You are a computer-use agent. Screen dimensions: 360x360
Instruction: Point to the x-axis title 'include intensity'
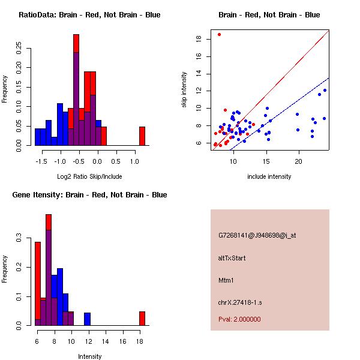pyautogui.click(x=269, y=176)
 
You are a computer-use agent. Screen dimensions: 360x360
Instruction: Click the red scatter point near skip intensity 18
pyautogui.click(x=219, y=35)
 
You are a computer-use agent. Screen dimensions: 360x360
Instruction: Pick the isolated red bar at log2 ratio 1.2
pyautogui.click(x=142, y=136)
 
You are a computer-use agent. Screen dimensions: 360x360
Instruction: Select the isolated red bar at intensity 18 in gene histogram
pyautogui.click(x=142, y=318)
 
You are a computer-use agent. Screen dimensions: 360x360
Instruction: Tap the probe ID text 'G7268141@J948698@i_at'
pyautogui.click(x=257, y=235)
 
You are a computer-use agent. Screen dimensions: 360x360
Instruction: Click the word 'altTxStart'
pyautogui.click(x=232, y=258)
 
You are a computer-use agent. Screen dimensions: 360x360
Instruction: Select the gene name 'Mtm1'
pyautogui.click(x=226, y=280)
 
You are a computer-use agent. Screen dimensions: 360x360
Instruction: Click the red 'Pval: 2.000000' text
pyautogui.click(x=239, y=319)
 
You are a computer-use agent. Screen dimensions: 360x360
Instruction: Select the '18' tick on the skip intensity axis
pyautogui.click(x=199, y=39)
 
